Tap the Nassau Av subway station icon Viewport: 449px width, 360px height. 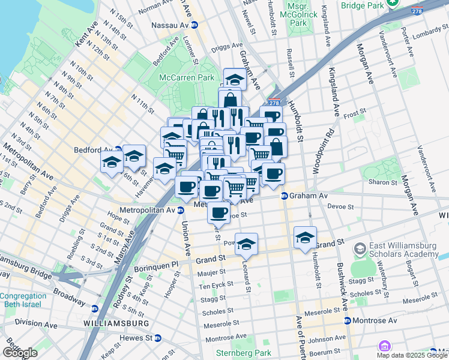tap(194, 26)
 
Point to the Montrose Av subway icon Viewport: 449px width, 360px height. tap(348, 320)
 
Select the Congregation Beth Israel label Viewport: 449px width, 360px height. tap(23, 301)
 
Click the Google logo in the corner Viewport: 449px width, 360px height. tap(20, 352)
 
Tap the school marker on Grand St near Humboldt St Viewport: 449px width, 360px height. tap(305, 238)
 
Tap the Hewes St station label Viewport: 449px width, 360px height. tap(135, 338)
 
